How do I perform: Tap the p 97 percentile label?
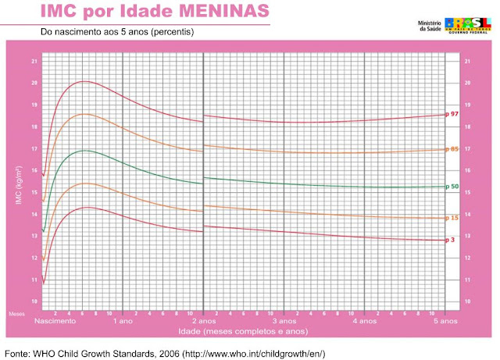[451, 114]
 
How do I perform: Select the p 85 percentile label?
[451, 149]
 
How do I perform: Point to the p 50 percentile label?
[451, 186]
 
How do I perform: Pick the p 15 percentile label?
[451, 217]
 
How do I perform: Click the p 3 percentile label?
[449, 240]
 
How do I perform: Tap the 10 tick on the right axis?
[467, 301]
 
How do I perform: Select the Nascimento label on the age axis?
[54, 321]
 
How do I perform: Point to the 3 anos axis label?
[284, 321]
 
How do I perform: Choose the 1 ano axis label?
[123, 321]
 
